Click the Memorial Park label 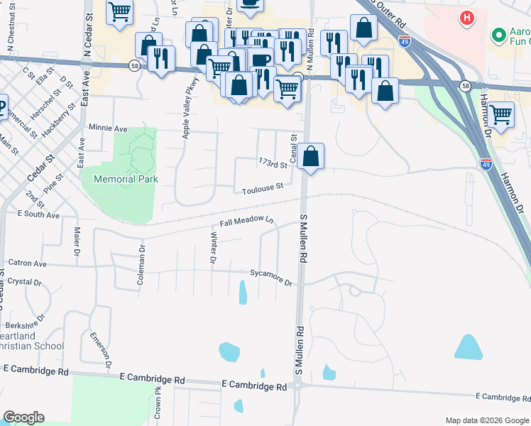(x=126, y=179)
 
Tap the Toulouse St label (x=262, y=187)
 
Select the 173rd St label (x=273, y=165)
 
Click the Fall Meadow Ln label (x=246, y=222)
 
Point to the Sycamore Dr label (x=271, y=277)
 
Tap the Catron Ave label (x=26, y=263)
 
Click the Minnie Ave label (x=107, y=129)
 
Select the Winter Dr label (x=213, y=247)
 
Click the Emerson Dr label (x=99, y=349)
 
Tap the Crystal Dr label (x=24, y=282)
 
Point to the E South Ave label (x=38, y=214)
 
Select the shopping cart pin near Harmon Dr (x=501, y=115)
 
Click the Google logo (x=24, y=417)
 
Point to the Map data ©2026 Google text (x=486, y=420)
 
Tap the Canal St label (x=292, y=147)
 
